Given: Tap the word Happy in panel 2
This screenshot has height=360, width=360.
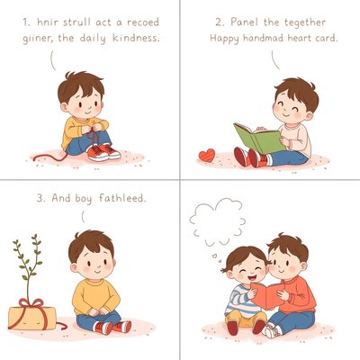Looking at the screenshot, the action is pyautogui.click(x=224, y=39).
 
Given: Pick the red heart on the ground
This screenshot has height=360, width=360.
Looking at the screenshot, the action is pyautogui.click(x=207, y=156).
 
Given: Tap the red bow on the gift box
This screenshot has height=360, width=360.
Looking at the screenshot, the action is pyautogui.click(x=31, y=303).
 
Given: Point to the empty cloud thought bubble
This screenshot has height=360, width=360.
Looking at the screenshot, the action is pyautogui.click(x=218, y=221).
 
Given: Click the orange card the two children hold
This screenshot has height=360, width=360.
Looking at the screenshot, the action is pyautogui.click(x=268, y=295).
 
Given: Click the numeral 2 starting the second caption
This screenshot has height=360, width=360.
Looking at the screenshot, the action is pyautogui.click(x=220, y=22).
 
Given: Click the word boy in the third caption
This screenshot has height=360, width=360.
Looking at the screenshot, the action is pyautogui.click(x=84, y=199).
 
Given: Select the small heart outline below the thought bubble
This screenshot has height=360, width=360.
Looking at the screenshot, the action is pyautogui.click(x=214, y=256).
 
